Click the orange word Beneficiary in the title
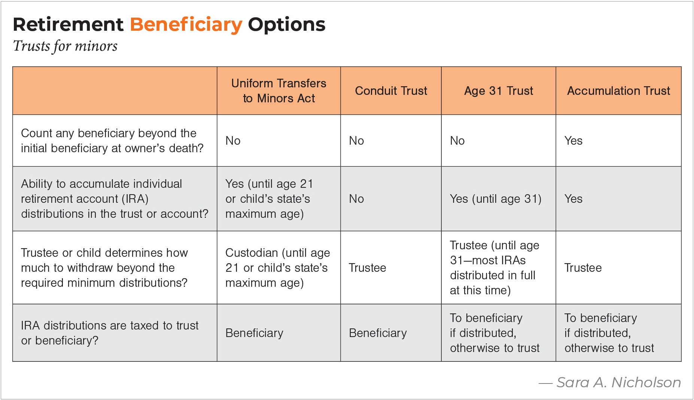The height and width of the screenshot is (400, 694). (x=186, y=25)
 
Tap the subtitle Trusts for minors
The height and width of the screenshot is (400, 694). (x=65, y=46)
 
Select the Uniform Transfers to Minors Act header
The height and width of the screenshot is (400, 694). (x=279, y=91)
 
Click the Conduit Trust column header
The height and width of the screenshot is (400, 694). (x=391, y=91)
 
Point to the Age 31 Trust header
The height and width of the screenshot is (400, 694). (x=499, y=91)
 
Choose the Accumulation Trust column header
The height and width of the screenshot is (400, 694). (x=618, y=91)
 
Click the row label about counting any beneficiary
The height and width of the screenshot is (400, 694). (x=112, y=141)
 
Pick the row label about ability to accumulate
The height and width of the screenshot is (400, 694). (x=115, y=199)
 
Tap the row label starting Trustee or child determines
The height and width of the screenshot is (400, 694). (x=104, y=268)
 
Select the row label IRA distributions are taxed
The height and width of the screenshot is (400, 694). (x=110, y=333)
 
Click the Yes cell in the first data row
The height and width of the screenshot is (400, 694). (x=573, y=141)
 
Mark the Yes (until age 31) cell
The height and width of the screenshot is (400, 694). (x=496, y=199)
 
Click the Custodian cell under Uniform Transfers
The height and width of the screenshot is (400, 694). (x=277, y=268)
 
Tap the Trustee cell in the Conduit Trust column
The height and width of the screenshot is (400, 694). (x=367, y=268)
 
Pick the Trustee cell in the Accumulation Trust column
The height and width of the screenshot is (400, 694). (x=583, y=268)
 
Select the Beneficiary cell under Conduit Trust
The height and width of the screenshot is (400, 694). (x=378, y=333)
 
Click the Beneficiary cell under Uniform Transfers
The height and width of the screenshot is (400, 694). (x=254, y=333)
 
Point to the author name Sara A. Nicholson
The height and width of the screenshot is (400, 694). (x=619, y=382)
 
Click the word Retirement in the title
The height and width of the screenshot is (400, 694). (x=68, y=25)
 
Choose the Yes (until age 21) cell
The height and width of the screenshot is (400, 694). (x=269, y=199)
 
